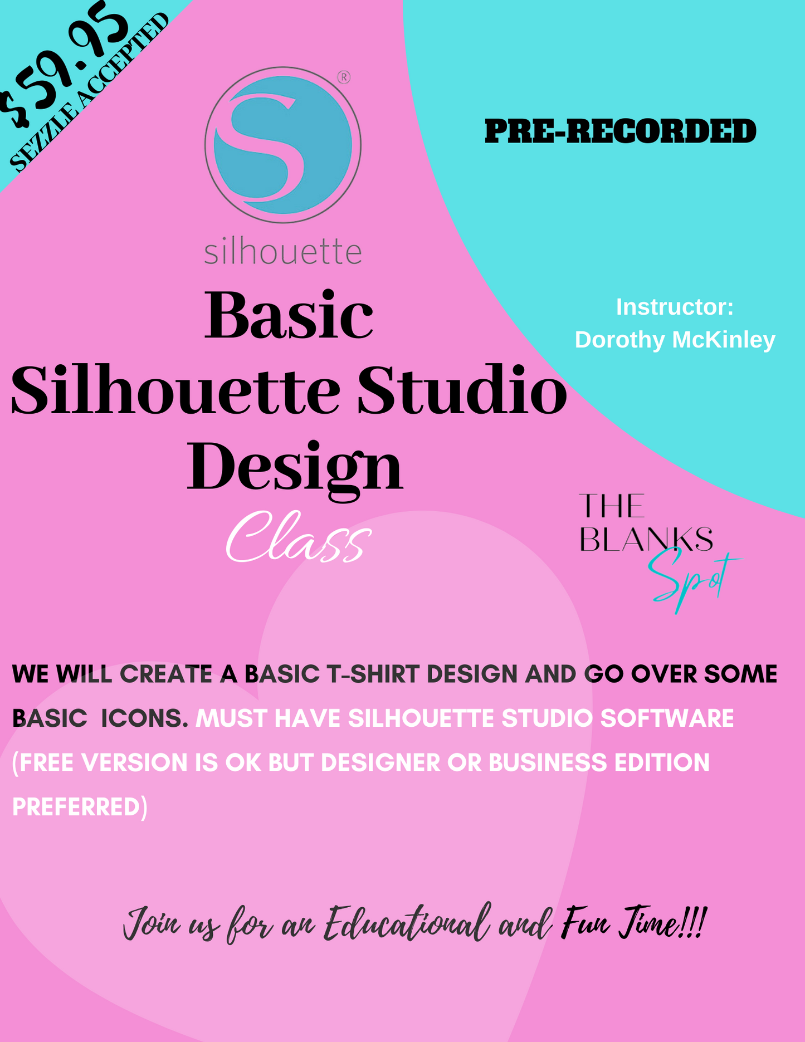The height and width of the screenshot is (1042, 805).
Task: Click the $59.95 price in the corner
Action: [64, 64]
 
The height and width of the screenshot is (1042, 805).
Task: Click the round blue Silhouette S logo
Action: [282, 145]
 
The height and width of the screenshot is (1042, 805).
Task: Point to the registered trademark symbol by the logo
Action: [344, 77]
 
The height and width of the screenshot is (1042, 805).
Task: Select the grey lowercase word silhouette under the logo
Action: [282, 252]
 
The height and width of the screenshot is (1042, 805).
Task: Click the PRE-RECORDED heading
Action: [620, 132]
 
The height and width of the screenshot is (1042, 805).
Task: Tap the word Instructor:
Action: [675, 307]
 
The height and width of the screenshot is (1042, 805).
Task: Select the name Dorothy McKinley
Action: [675, 340]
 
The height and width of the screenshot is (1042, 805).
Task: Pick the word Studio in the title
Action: [462, 390]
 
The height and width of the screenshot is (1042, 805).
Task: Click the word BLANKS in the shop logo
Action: [646, 539]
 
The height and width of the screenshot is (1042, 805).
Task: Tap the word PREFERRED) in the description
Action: [80, 807]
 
